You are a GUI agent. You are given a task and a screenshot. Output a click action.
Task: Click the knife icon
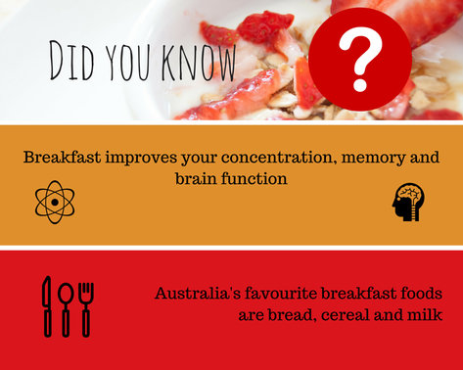46,305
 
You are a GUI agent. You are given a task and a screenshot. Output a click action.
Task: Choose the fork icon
85,305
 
